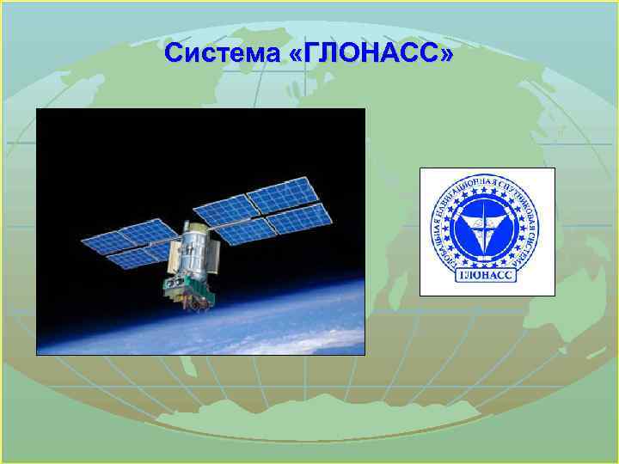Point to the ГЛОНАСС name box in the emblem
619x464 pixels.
(487, 275)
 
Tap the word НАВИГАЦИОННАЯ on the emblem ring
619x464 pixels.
(469, 190)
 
